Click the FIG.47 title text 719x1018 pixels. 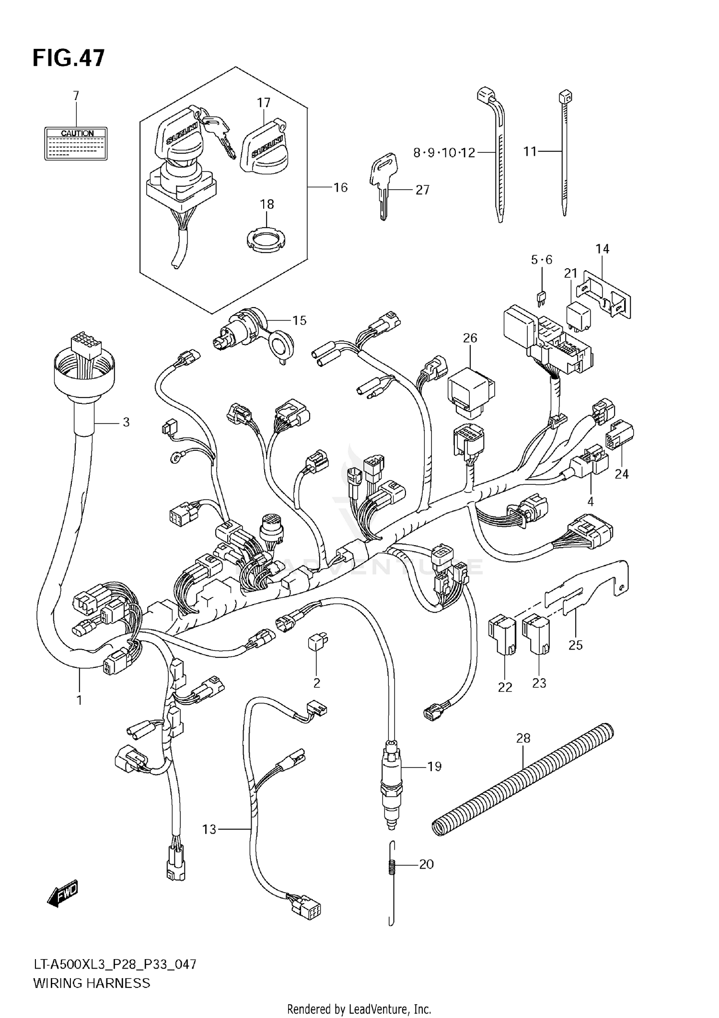pos(68,58)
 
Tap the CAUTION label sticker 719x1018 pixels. pos(76,143)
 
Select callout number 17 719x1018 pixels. pos(264,103)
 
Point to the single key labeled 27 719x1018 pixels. pos(383,184)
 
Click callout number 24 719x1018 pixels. pos(621,474)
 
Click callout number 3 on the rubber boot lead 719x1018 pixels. pos(126,422)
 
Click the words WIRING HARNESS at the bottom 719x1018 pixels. pos(92,983)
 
